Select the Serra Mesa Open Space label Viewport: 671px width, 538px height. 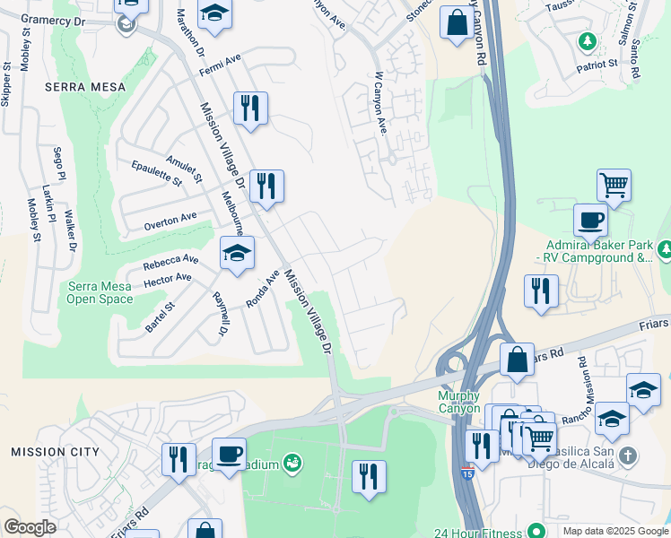tap(100, 293)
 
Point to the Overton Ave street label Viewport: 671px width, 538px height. tap(170, 221)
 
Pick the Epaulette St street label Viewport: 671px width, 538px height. tap(155, 173)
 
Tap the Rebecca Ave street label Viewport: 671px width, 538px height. tap(170, 263)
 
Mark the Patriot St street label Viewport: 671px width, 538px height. tap(597, 65)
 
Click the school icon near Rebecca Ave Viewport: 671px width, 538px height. tap(237, 255)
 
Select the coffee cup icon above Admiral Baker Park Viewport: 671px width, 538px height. tap(591, 220)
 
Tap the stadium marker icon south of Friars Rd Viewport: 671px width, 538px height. tap(292, 464)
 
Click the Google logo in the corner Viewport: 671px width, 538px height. tap(30, 527)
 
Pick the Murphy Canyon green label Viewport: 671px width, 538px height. tap(459, 403)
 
